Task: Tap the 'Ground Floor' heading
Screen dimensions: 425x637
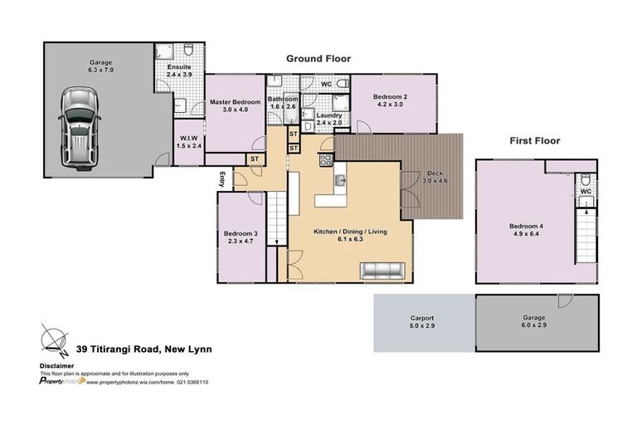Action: (318, 59)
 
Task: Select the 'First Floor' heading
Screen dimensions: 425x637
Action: (534, 141)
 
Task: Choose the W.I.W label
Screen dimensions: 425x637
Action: (189, 142)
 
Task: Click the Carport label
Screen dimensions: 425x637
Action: (421, 323)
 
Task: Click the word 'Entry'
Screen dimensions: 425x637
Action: (222, 178)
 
